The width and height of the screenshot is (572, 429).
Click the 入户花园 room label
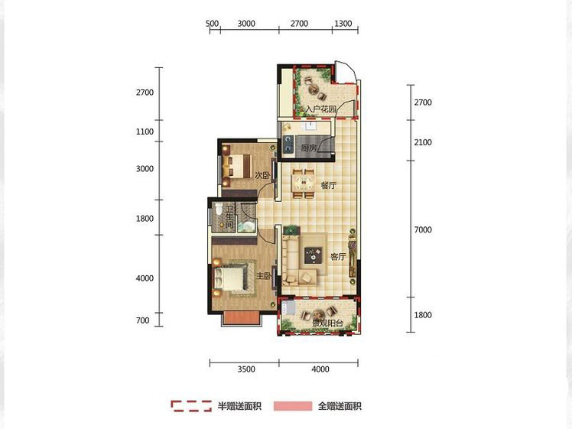(320, 109)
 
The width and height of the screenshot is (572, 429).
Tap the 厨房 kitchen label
(308, 148)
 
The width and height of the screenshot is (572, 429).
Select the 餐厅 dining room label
(328, 185)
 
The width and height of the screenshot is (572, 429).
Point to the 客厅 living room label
(338, 257)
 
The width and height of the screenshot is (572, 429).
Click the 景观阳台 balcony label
(327, 323)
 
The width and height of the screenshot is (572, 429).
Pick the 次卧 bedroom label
(262, 175)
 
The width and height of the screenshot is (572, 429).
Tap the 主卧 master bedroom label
(264, 276)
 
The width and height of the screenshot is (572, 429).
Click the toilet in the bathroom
(219, 209)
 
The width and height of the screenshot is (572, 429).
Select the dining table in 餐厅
(303, 183)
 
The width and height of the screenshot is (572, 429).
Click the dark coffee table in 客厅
(314, 255)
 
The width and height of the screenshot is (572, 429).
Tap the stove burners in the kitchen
(288, 143)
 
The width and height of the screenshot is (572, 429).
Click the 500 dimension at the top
(212, 24)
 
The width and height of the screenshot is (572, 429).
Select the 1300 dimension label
(343, 24)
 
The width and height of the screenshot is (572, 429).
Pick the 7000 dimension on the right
(423, 230)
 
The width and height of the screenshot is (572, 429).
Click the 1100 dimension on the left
(145, 132)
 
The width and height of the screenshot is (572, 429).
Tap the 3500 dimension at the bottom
(246, 369)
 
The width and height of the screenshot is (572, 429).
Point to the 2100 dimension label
(423, 142)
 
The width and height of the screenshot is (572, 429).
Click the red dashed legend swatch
(191, 406)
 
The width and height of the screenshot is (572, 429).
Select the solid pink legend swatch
(293, 406)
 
